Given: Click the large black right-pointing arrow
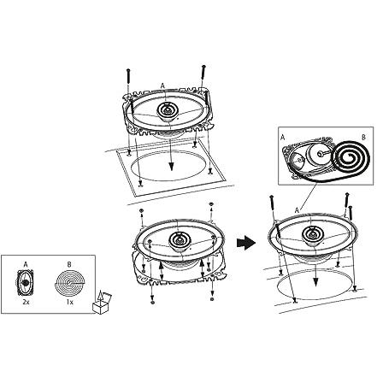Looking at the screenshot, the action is (246, 243).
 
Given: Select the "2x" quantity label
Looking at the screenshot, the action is (26, 303).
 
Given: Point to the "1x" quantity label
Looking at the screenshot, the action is (69, 303).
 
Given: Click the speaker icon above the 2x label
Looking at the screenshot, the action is (26, 283).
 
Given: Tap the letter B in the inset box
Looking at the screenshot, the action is (363, 138).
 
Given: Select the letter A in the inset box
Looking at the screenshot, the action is (283, 138).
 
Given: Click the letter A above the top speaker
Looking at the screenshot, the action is (162, 85).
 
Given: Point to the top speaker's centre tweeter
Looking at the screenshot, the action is (168, 110).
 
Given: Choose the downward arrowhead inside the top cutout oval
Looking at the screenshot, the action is (171, 167).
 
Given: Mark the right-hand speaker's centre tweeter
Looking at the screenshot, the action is (313, 233).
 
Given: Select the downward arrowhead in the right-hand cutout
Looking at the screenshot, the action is (315, 282).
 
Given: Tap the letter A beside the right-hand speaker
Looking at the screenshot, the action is (297, 210).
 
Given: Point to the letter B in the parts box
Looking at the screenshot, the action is (69, 265).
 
